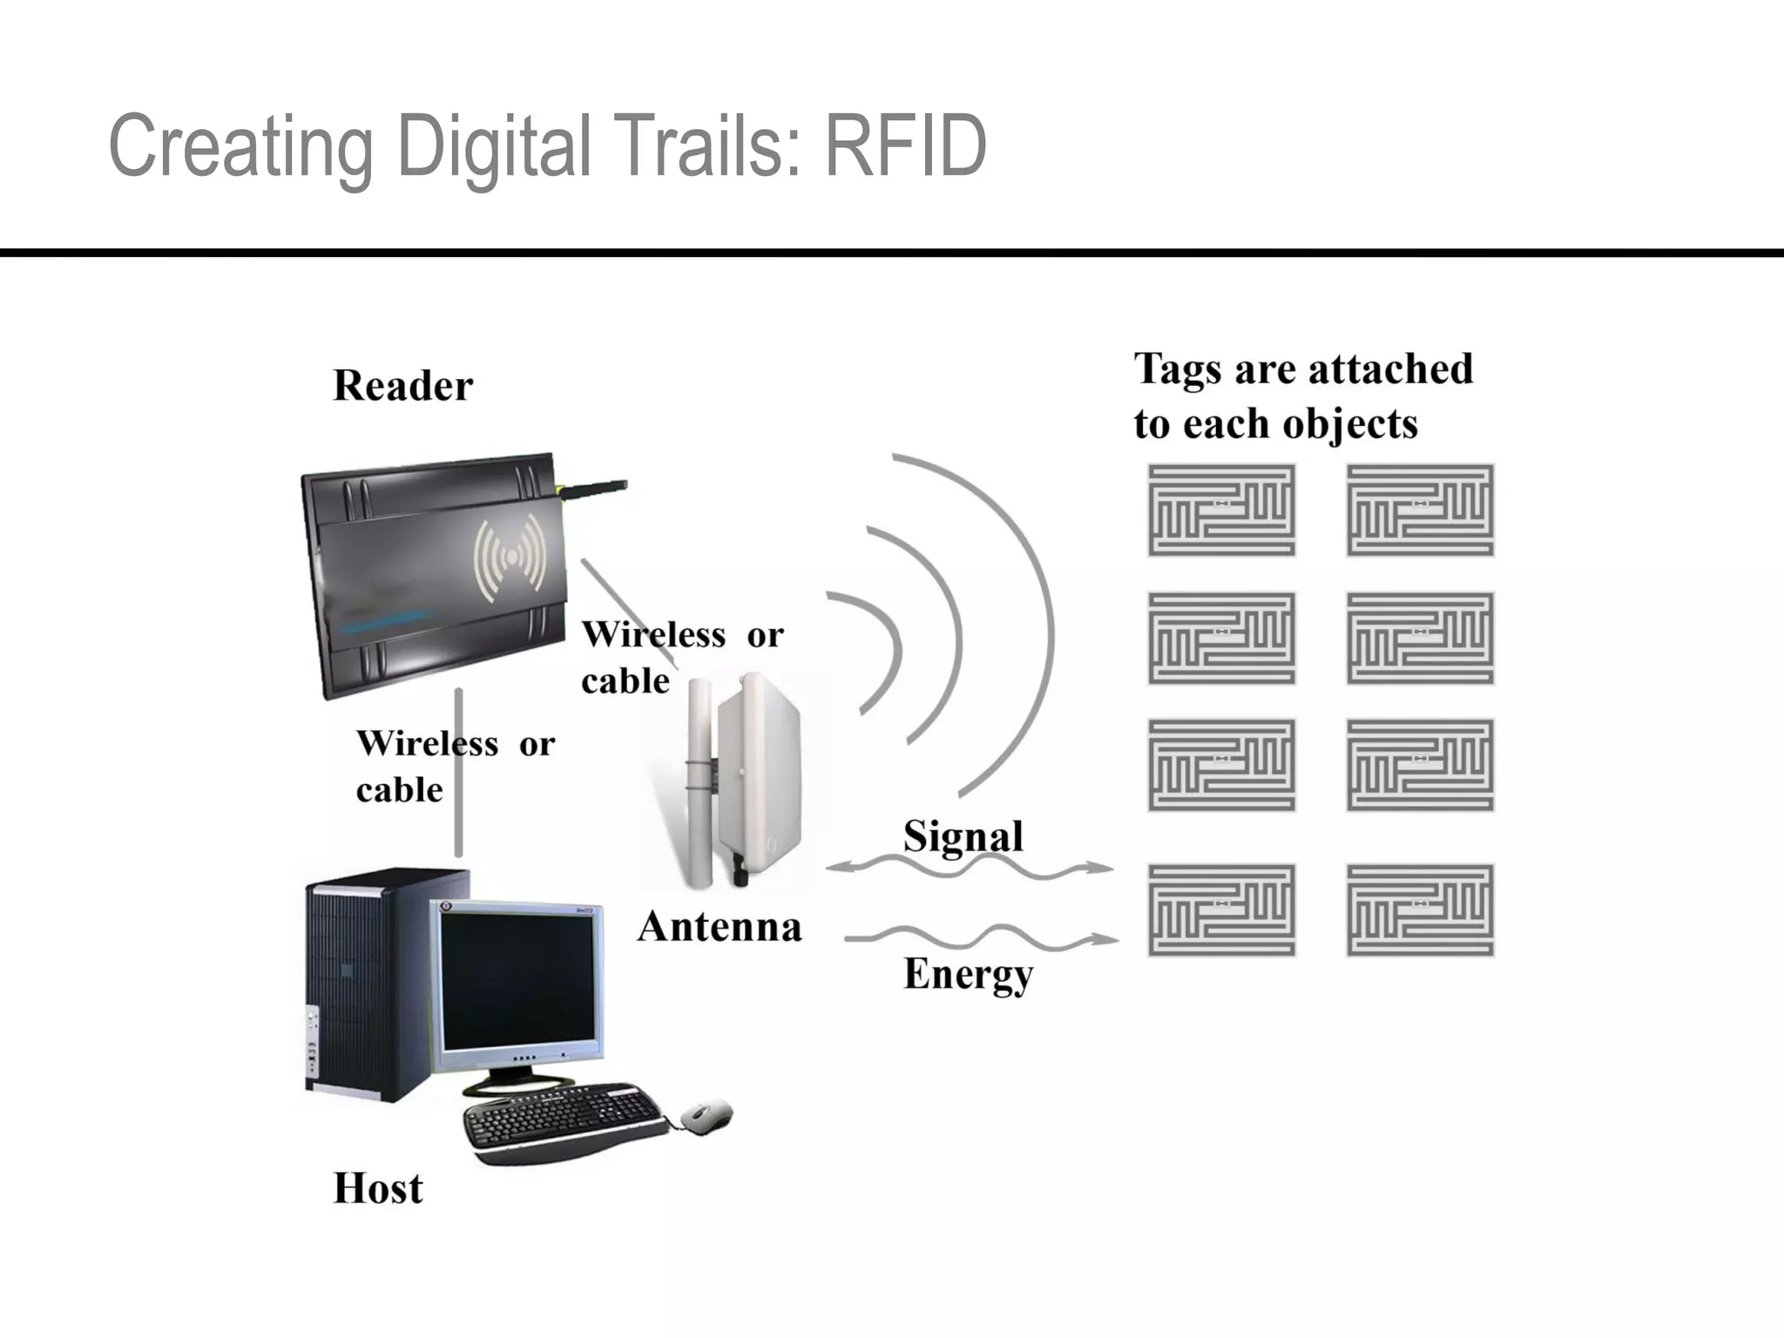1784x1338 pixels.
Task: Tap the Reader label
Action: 402,386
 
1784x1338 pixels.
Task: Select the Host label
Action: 378,1188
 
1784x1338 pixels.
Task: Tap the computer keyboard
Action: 562,1120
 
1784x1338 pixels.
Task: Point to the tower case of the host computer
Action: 366,984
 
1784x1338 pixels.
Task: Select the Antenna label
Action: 719,927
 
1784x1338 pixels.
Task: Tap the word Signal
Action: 963,836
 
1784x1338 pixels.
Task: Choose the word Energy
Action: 968,974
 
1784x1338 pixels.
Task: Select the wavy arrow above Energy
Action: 980,938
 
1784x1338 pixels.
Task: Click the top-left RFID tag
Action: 1221,510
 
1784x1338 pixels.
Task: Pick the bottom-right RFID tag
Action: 1420,910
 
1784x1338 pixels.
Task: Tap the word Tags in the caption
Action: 1172,369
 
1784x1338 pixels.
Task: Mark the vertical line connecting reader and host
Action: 458,775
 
